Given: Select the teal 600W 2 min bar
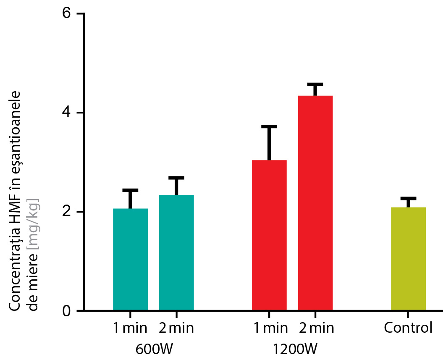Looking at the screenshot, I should pyautogui.click(x=176, y=252).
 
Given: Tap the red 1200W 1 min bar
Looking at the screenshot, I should pyautogui.click(x=269, y=235).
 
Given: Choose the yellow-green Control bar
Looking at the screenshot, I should pyautogui.click(x=408, y=259).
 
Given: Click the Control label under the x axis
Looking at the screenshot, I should pyautogui.click(x=408, y=328).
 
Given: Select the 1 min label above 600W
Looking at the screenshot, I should pyautogui.click(x=130, y=328).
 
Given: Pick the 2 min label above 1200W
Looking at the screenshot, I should pyautogui.click(x=315, y=328).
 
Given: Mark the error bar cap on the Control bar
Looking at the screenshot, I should pyautogui.click(x=408, y=198).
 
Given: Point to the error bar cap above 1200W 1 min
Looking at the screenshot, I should pyautogui.click(x=269, y=126).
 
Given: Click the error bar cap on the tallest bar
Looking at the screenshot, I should pyautogui.click(x=315, y=84).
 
